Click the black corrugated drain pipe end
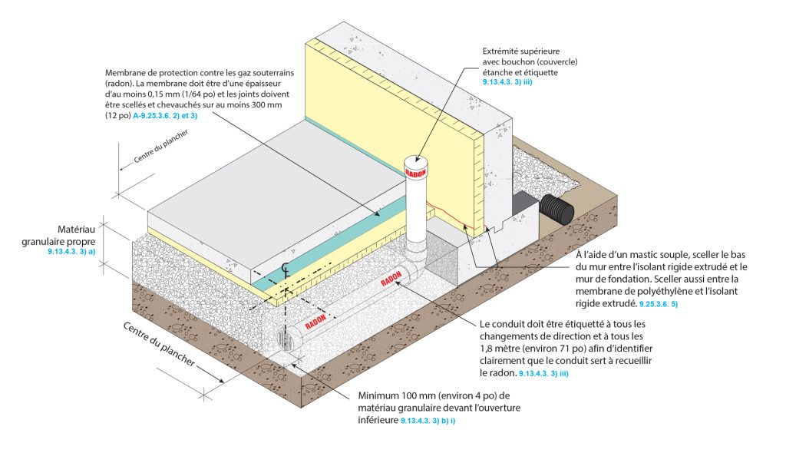coord(556,208)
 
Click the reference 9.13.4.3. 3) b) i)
coord(434,422)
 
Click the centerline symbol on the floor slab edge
coord(286,269)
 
